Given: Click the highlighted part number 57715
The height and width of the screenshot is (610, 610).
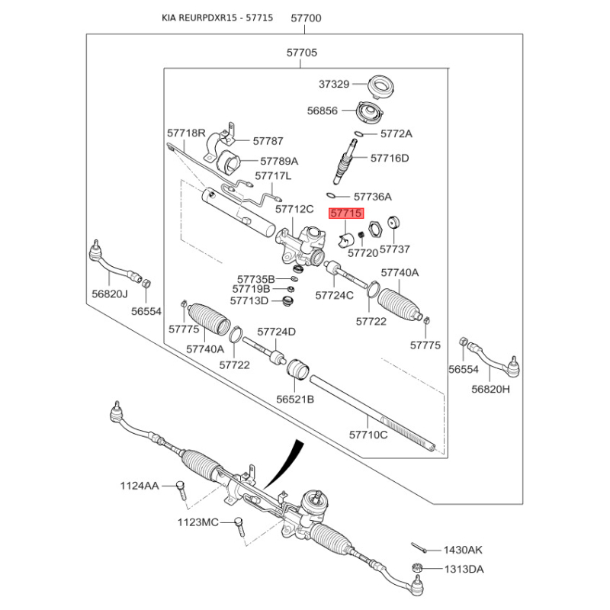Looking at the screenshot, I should [x=346, y=214].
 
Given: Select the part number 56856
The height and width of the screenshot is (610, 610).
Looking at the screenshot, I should [x=323, y=111].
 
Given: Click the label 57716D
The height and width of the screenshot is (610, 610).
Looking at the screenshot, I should [x=390, y=159].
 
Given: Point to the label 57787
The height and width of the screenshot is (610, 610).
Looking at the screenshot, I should [x=268, y=141].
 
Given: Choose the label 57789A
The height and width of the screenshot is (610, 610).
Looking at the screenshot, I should [x=279, y=162].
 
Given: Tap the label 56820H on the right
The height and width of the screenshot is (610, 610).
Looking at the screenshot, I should [x=490, y=388].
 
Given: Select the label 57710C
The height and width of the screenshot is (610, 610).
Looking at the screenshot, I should [x=369, y=435].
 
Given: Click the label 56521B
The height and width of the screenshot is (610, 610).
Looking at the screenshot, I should [x=295, y=399].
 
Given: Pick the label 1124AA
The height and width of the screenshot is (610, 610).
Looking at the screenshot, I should [x=139, y=486].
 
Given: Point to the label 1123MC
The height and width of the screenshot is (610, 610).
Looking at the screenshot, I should [x=197, y=522].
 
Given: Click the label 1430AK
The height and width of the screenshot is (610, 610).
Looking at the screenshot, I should [x=464, y=551].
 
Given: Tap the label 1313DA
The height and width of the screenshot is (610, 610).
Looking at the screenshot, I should [x=464, y=570].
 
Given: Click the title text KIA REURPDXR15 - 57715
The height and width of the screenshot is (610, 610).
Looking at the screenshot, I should [x=217, y=17].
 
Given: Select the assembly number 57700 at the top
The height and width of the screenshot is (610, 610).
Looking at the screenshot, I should [x=307, y=17].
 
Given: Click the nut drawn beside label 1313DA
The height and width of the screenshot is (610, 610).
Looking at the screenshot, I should [x=418, y=568].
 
